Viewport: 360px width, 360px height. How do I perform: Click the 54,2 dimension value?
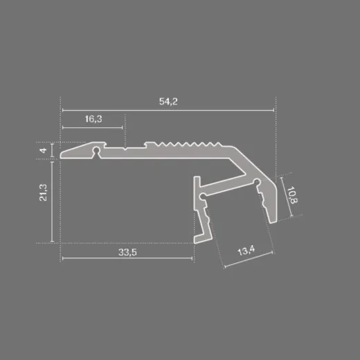[168, 102]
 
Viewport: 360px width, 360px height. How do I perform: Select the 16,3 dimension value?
[94, 120]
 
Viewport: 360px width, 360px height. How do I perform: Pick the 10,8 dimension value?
[294, 197]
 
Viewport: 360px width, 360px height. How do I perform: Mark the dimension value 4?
[43, 150]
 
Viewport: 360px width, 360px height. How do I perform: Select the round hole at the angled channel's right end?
[257, 183]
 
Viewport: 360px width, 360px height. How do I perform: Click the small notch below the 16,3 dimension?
[125, 147]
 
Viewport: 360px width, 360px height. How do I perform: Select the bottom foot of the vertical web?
[199, 238]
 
